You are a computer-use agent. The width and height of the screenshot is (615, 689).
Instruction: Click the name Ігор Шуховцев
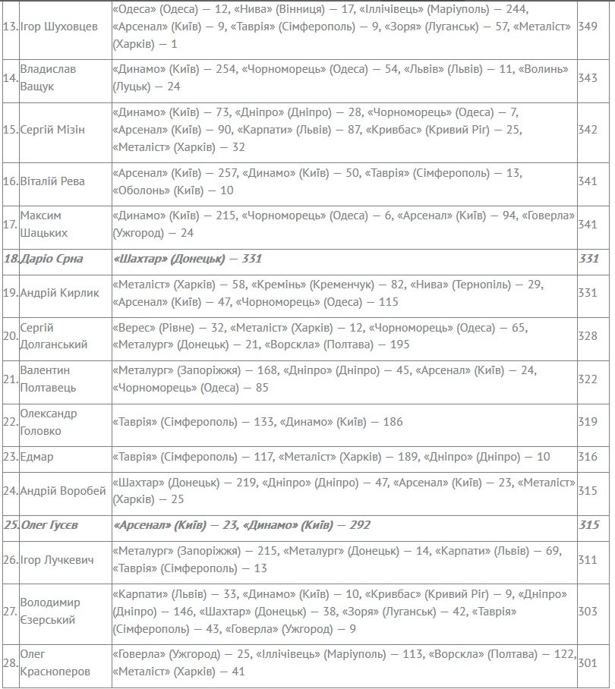pos(58,26)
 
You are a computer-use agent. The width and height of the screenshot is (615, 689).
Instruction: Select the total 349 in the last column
pos(588,26)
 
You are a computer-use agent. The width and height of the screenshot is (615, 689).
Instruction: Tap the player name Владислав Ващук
pos(49,77)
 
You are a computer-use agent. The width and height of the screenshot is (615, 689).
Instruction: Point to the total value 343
pos(588,77)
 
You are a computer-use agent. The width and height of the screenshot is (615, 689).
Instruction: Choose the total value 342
pos(588,129)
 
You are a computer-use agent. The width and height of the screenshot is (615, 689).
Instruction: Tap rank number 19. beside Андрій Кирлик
pos(11,293)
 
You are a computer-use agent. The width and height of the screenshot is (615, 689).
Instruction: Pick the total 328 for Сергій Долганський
pos(588,335)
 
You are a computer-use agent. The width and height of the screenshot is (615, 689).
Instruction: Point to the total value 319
pos(588,422)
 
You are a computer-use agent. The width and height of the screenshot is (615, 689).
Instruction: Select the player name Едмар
pos(36,457)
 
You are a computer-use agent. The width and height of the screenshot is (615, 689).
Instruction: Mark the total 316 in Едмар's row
pos(588,457)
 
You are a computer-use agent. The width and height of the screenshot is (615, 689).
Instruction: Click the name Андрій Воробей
pos(62,491)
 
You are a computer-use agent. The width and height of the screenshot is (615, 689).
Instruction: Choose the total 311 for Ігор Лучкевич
pos(588,560)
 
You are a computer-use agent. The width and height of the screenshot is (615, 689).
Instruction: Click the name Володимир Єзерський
pos(50,611)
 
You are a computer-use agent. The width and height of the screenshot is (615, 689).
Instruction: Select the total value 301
pos(588,662)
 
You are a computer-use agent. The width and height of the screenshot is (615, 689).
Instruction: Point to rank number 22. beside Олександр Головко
pos(11,422)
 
